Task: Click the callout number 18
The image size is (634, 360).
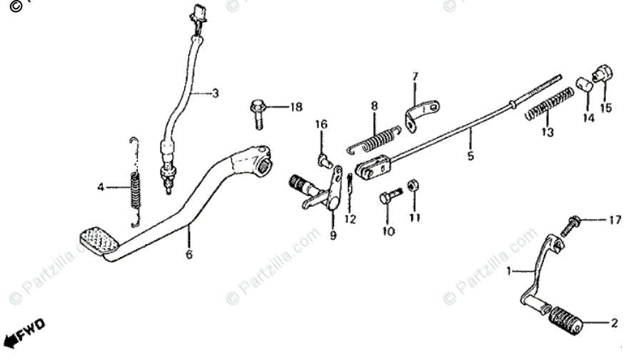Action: click(x=295, y=107)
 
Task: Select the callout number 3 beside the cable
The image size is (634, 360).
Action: click(x=215, y=93)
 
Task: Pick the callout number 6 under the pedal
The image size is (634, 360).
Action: click(x=189, y=254)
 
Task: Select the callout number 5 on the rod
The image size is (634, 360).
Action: click(x=470, y=154)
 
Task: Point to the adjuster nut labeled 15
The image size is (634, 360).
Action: click(x=601, y=73)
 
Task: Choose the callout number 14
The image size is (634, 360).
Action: click(x=588, y=119)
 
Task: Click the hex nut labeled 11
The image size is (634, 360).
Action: click(x=413, y=186)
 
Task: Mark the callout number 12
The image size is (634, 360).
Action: click(x=349, y=219)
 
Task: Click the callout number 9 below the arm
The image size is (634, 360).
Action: click(x=333, y=236)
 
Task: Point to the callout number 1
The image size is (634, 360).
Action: click(x=509, y=271)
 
